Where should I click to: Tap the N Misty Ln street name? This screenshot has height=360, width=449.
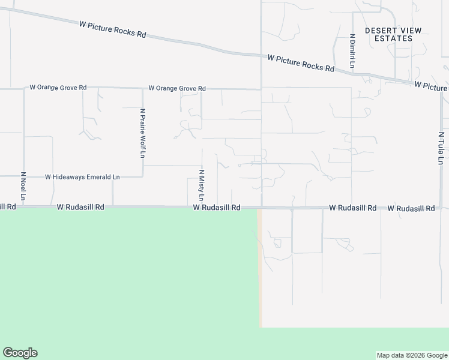(202, 185)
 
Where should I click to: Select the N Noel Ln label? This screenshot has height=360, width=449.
(23, 187)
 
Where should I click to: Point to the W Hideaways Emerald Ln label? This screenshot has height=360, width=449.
(83, 177)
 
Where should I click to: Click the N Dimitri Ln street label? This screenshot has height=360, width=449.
(352, 50)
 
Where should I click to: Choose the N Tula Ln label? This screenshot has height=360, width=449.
(441, 148)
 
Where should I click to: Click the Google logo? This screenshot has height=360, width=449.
(20, 353)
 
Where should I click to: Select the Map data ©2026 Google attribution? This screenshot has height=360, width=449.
(412, 355)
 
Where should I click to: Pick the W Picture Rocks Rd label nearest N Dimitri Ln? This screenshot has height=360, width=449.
(301, 63)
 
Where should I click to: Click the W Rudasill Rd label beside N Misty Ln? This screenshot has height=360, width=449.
(217, 208)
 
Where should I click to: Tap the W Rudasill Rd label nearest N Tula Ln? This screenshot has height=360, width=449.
(411, 208)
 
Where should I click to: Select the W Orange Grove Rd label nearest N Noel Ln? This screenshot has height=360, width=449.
(58, 88)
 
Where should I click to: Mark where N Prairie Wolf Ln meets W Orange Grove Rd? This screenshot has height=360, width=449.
(143, 89)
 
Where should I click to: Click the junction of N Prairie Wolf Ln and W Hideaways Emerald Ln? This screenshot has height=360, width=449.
(143, 176)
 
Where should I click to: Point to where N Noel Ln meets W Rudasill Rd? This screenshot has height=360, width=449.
(24, 208)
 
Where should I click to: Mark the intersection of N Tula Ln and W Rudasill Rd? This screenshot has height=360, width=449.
(441, 208)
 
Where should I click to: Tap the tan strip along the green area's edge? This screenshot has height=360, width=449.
(260, 270)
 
